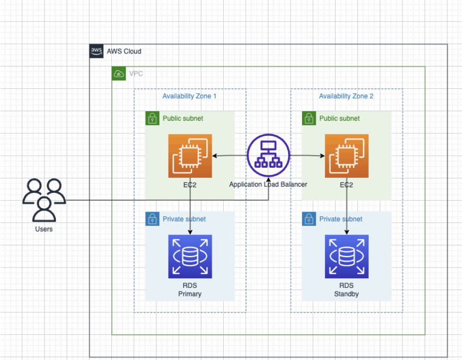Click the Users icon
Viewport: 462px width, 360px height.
click(x=44, y=200)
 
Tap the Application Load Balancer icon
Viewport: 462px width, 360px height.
click(x=268, y=155)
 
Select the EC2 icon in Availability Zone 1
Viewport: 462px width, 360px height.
click(x=190, y=156)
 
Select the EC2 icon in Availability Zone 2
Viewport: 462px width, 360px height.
click(x=346, y=156)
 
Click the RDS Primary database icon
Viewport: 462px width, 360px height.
click(x=190, y=257)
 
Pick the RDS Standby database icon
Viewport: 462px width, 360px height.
click(x=346, y=257)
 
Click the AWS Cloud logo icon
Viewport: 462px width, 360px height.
click(x=96, y=51)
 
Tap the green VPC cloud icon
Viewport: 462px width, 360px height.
click(x=119, y=74)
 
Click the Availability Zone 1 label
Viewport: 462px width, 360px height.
click(x=189, y=96)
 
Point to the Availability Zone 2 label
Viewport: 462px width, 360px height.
click(x=346, y=96)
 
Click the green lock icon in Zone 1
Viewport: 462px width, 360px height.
click(x=152, y=118)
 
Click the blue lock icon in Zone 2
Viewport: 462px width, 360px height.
click(x=309, y=219)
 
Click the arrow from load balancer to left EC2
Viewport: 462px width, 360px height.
click(x=229, y=156)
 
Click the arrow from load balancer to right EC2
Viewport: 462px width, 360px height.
click(x=307, y=156)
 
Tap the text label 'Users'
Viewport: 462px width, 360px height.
click(x=44, y=229)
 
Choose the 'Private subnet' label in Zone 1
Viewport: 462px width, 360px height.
click(x=184, y=219)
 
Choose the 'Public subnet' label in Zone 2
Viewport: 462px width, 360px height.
click(x=339, y=118)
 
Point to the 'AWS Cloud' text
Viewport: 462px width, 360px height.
click(x=124, y=52)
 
